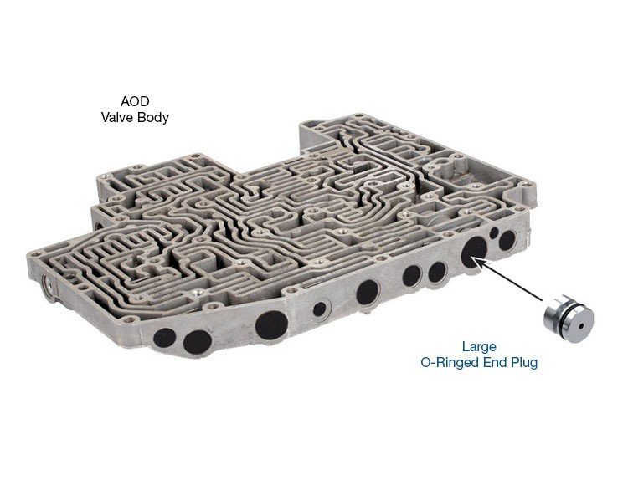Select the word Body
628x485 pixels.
pos(153,118)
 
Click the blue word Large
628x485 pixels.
pos(479,346)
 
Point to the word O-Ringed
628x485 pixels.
pos(448,363)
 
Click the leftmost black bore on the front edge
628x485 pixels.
pos(166,338)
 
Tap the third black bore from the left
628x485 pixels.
pos(270,324)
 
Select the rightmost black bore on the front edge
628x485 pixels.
pos(507,240)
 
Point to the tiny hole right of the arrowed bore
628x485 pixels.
pos(494,233)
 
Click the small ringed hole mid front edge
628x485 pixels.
pos(320,309)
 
